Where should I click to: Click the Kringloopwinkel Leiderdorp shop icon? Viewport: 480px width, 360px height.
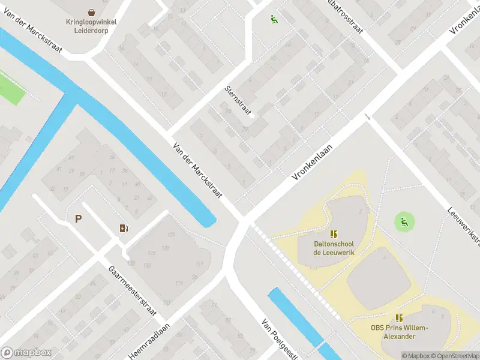pyautogui.click(x=91, y=12)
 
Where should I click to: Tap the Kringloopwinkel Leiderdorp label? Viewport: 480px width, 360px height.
pyautogui.click(x=91, y=26)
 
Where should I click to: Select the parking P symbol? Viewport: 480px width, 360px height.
pyautogui.click(x=78, y=219)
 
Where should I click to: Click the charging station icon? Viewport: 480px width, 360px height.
pyautogui.click(x=124, y=228)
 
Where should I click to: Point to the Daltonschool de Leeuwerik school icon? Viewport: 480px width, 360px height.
pyautogui.click(x=334, y=234)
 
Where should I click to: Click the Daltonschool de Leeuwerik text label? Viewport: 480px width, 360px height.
pyautogui.click(x=334, y=248)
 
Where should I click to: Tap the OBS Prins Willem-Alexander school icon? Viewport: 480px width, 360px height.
pyautogui.click(x=399, y=318)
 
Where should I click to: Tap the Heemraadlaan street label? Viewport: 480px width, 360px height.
pyautogui.click(x=149, y=341)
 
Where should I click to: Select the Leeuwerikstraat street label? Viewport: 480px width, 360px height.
pyautogui.click(x=464, y=227)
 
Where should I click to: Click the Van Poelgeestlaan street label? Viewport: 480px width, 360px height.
pyautogui.click(x=279, y=338)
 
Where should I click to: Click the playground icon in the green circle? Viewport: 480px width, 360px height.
pyautogui.click(x=405, y=222)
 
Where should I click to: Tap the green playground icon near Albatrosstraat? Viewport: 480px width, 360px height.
pyautogui.click(x=274, y=19)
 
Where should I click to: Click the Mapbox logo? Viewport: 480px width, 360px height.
pyautogui.click(x=26, y=353)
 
